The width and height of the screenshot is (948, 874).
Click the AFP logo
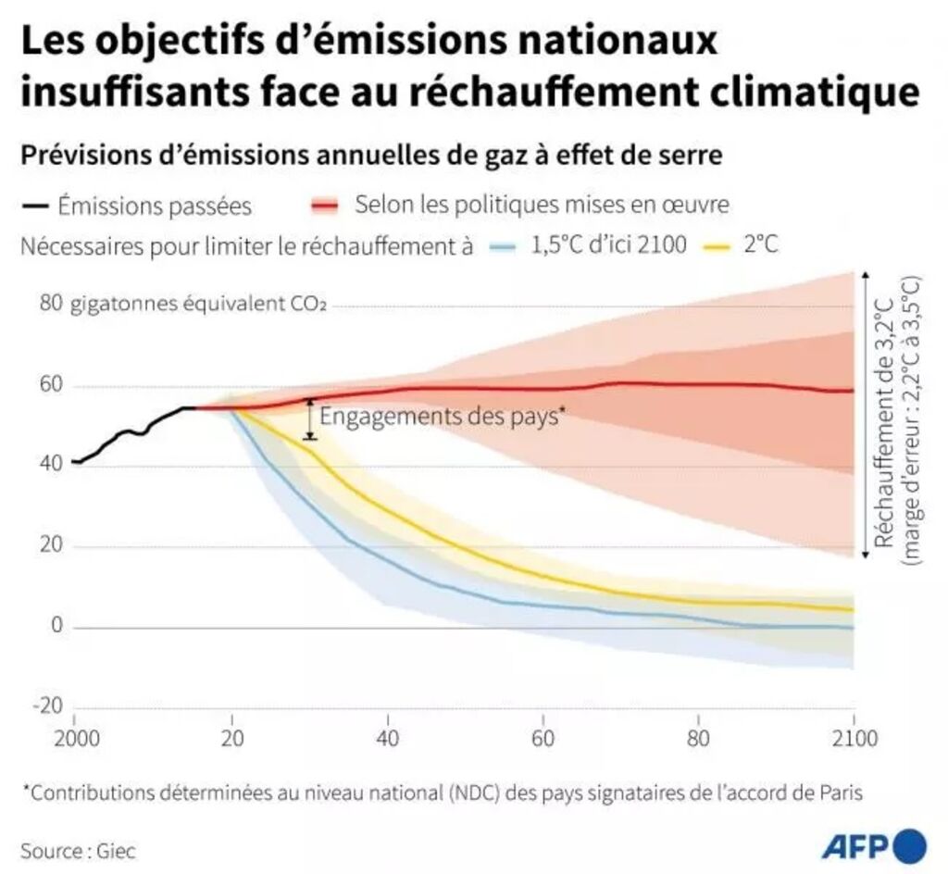873,844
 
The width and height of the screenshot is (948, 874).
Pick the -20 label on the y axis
47,706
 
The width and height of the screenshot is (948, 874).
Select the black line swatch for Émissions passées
34,205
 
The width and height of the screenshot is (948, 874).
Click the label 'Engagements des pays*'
442,416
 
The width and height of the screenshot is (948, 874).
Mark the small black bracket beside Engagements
310,418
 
